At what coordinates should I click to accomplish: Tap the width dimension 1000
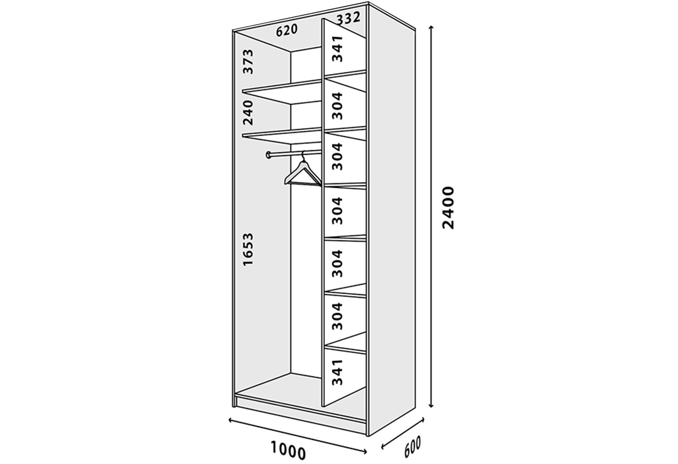[288, 451]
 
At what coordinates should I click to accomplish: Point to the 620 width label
[287, 30]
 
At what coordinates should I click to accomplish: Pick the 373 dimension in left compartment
[248, 61]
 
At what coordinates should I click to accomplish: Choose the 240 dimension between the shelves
[248, 113]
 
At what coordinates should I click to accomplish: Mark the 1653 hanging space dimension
[248, 249]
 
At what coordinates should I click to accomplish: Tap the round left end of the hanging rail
[268, 155]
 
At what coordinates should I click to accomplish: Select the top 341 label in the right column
[337, 49]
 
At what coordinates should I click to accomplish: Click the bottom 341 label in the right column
[337, 372]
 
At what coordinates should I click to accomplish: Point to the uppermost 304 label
[337, 106]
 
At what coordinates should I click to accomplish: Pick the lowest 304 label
[337, 316]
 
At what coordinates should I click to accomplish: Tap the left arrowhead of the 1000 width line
[231, 420]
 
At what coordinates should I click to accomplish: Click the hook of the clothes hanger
[303, 155]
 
